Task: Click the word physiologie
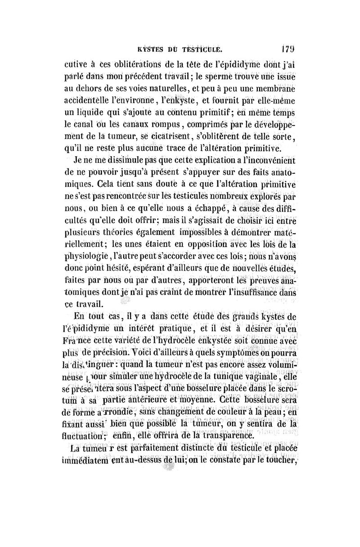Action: coord(92,257)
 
